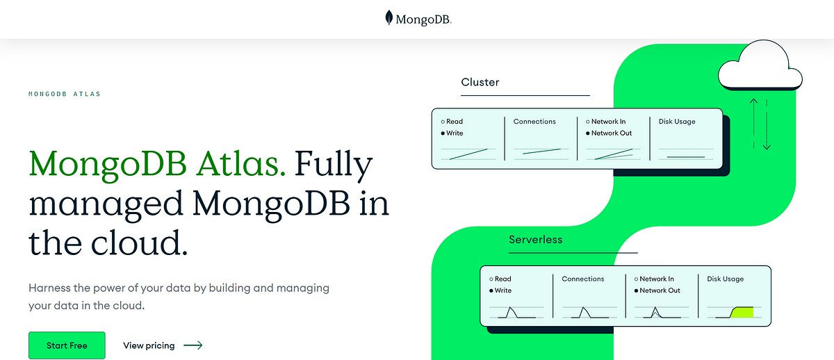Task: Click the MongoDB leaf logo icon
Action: click(389, 17)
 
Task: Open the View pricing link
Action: click(149, 345)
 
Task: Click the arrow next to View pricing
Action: click(193, 345)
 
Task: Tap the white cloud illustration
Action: click(760, 65)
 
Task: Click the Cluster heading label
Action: click(480, 82)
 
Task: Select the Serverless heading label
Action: click(535, 239)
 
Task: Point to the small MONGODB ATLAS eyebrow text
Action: click(65, 94)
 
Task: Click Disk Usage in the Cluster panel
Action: click(677, 122)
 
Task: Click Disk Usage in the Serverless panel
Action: click(726, 279)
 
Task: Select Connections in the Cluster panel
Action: click(534, 122)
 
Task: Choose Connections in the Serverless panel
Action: click(582, 279)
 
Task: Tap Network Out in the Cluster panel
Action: click(612, 133)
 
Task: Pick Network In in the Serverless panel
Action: click(657, 279)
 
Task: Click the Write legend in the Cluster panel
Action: click(455, 133)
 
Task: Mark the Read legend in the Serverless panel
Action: click(502, 279)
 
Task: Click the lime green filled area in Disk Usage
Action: click(743, 313)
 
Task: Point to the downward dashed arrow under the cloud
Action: click(767, 124)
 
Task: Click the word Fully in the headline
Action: click(333, 165)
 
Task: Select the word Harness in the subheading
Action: click(49, 288)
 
